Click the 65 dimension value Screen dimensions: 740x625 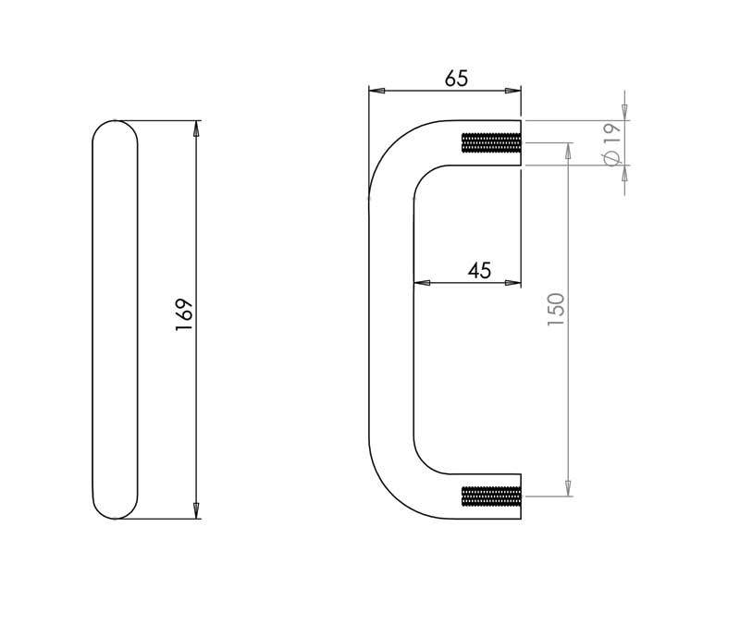(456, 79)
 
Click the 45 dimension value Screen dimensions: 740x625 (479, 271)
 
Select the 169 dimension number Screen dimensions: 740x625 (184, 314)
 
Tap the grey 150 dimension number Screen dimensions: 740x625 (556, 309)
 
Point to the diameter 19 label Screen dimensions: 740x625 (612, 145)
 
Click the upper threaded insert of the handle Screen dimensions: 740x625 (491, 143)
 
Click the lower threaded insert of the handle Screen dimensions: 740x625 (491, 496)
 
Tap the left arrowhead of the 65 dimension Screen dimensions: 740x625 (376, 91)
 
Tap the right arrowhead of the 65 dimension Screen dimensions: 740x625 (513, 91)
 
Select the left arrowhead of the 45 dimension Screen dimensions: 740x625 (422, 283)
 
